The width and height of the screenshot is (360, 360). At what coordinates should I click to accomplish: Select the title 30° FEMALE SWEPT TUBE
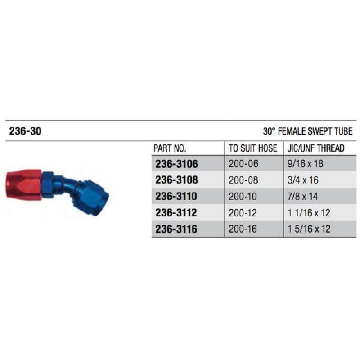click(x=308, y=132)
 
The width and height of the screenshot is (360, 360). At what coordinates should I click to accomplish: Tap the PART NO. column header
click(x=170, y=148)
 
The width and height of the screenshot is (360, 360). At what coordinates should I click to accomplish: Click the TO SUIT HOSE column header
click(x=253, y=148)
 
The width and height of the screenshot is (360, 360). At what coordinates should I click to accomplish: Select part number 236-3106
click(x=176, y=164)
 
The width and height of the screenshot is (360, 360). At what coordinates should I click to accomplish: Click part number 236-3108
click(x=176, y=180)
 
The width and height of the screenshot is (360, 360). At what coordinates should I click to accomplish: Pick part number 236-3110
click(x=176, y=197)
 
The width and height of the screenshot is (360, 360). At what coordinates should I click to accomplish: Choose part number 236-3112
click(x=176, y=213)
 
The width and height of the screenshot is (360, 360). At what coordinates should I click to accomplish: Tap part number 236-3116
click(x=176, y=229)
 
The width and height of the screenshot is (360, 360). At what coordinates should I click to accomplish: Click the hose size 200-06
click(x=242, y=164)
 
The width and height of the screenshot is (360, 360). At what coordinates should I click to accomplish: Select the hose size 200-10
click(x=242, y=197)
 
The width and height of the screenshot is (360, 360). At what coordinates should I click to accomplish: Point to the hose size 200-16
click(x=242, y=229)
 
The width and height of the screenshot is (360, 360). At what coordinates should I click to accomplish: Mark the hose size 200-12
click(x=242, y=213)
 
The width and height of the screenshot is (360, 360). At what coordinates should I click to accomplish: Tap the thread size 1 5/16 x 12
click(x=309, y=229)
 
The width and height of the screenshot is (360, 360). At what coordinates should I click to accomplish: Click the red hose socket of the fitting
click(x=23, y=184)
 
